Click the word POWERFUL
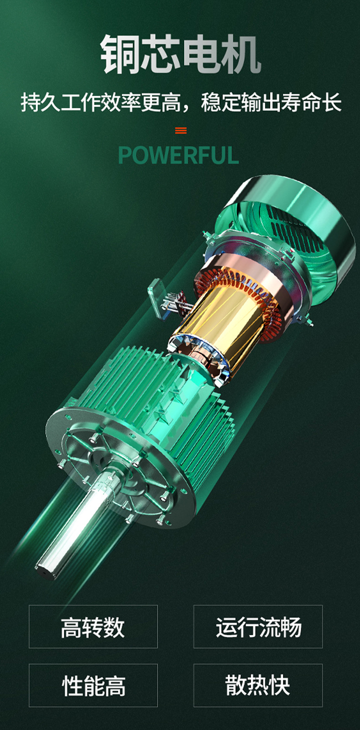[179, 155]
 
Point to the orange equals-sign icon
[181, 130]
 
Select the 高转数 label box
[93, 627]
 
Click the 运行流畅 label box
[258, 627]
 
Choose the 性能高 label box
[93, 685]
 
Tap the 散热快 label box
[258, 685]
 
